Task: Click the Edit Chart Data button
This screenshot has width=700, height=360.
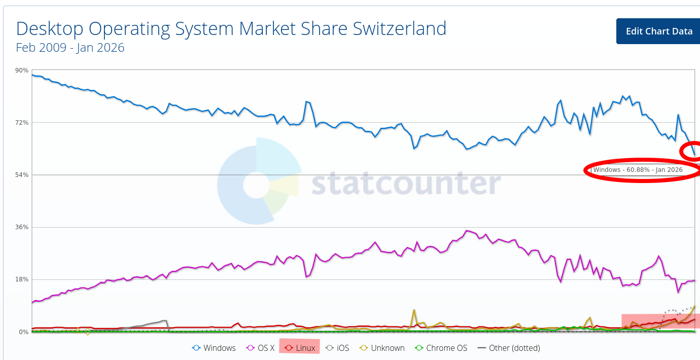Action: coord(658,31)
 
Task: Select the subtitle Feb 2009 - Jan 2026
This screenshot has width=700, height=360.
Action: coord(70,48)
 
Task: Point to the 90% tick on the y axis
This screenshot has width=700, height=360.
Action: coord(22,70)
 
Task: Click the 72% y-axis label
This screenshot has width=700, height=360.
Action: coord(22,123)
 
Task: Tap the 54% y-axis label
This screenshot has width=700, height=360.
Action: coord(22,175)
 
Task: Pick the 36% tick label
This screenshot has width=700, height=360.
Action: coord(22,227)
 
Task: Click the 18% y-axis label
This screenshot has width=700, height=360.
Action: coord(22,279)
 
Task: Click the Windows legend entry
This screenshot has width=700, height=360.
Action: coord(214,348)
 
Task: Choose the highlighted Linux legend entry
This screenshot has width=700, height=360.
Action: coord(300,348)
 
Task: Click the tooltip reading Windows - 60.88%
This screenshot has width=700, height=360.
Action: coord(638,170)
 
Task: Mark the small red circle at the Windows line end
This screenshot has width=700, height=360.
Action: coord(691,151)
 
